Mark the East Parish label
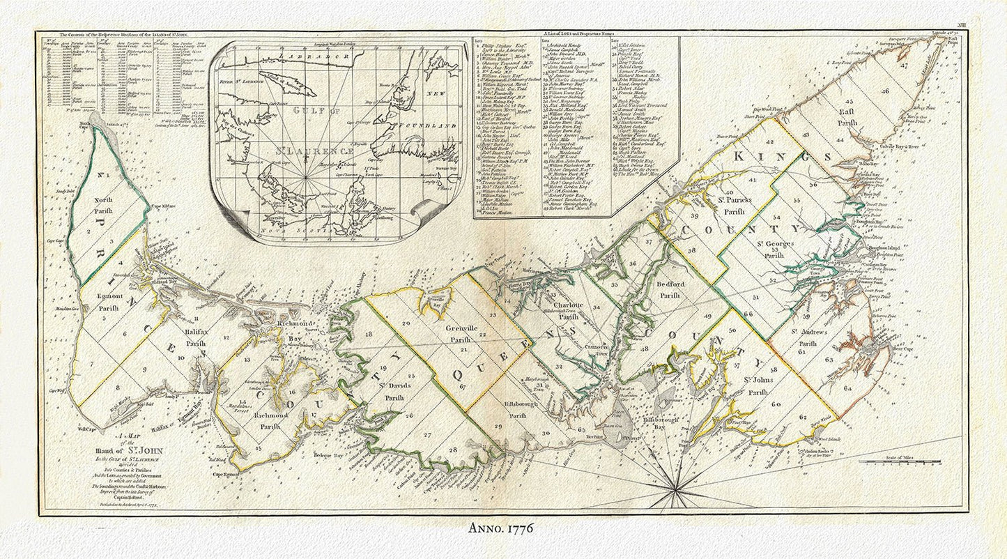[846, 116]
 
